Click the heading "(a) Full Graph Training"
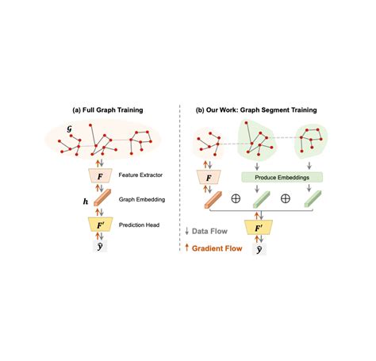pos(108,110)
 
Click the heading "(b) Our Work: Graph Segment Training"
pos(256,110)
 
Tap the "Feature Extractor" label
pos(140,175)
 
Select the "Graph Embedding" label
pos(142,199)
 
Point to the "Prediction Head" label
pos(139,225)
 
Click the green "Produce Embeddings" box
pos(282,178)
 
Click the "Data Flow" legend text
pos(209,232)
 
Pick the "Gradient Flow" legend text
pos(217,248)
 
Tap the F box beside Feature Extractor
pos(100,176)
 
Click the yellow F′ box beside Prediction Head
pos(100,225)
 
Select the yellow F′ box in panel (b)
pos(259,228)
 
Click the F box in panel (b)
pos(209,178)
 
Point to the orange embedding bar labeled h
pos(102,198)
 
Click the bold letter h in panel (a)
pos(86,202)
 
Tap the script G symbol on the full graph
pos(69,129)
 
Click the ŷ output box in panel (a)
pos(100,247)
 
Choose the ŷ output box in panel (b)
pos(259,249)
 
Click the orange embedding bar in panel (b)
pos(213,200)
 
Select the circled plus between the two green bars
pos(286,198)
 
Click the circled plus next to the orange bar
pos(236,198)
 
